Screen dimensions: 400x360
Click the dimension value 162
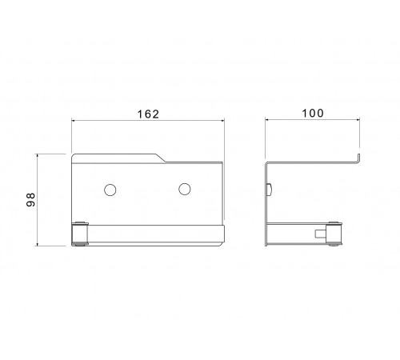point(148,114)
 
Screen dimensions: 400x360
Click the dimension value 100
point(313,113)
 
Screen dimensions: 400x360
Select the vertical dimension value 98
point(31,199)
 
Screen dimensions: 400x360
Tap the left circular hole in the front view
point(110,190)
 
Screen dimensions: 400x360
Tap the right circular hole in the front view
point(185,189)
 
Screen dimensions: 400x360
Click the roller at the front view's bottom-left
point(80,234)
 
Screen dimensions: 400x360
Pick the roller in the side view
point(334,234)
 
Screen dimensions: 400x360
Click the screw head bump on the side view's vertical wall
point(270,190)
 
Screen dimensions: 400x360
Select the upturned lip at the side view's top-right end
point(358,158)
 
